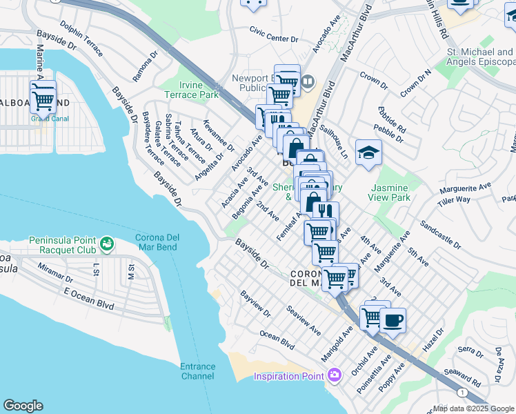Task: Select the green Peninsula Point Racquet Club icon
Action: tap(106, 244)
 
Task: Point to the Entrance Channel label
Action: tap(198, 371)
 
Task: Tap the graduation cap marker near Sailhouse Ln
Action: tap(368, 152)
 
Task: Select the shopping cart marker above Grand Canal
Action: tap(43, 99)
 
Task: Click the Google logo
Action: tap(23, 406)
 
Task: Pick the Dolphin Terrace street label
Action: tap(81, 41)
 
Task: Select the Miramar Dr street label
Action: tap(55, 273)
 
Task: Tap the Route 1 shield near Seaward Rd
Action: tap(462, 392)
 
